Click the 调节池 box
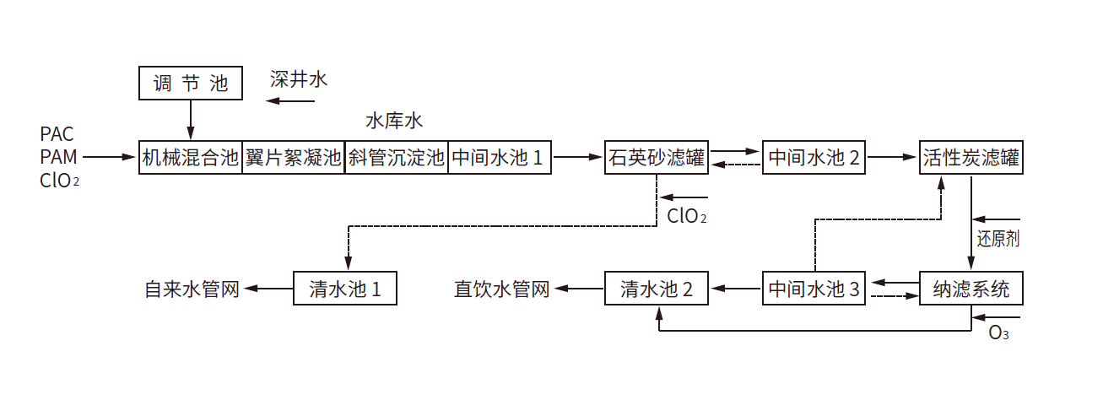[x=191, y=83]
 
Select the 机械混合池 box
[x=191, y=157]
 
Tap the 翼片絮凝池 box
[x=294, y=157]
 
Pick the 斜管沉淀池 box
[x=397, y=157]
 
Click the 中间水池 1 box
[x=500, y=157]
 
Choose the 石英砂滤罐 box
[x=657, y=157]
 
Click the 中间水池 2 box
[x=814, y=157]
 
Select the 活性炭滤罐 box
[x=971, y=157]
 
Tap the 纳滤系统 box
[x=971, y=289]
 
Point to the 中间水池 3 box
[x=814, y=289]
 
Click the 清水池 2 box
[x=657, y=289]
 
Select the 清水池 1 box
[x=344, y=289]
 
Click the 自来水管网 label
[x=192, y=289]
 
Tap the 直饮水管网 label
[x=502, y=289]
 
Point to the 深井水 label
[x=299, y=80]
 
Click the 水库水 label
[x=394, y=121]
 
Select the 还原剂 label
[x=998, y=238]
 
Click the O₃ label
[x=999, y=332]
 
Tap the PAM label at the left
[x=57, y=157]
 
